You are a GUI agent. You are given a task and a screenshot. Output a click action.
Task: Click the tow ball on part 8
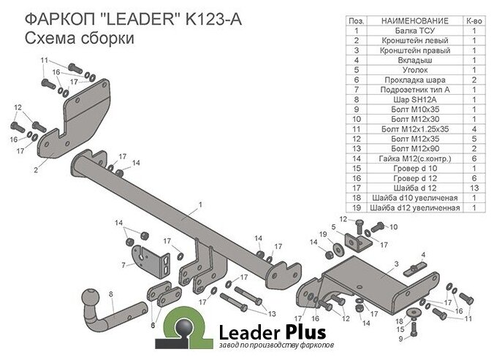(93, 299)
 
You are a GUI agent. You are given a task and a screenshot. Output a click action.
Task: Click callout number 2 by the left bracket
(35, 169)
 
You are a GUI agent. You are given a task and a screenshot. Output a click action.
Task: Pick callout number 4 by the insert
(422, 253)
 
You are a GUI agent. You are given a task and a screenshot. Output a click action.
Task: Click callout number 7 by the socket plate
(124, 264)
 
